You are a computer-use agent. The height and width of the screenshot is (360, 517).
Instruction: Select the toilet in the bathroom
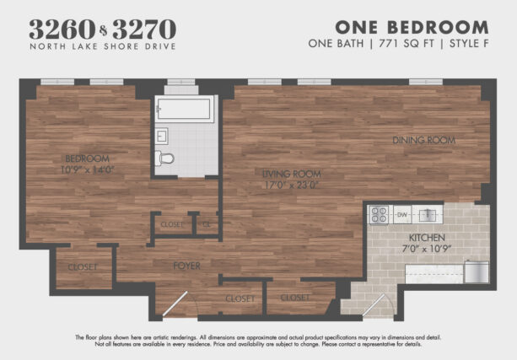(x=166, y=158)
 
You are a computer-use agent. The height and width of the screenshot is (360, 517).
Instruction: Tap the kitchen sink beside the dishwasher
(x=428, y=214)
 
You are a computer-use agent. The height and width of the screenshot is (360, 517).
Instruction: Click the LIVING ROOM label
(x=292, y=174)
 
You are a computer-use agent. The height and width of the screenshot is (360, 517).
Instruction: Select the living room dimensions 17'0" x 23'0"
(x=292, y=185)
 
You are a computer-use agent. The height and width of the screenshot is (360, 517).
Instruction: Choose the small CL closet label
(x=206, y=225)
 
